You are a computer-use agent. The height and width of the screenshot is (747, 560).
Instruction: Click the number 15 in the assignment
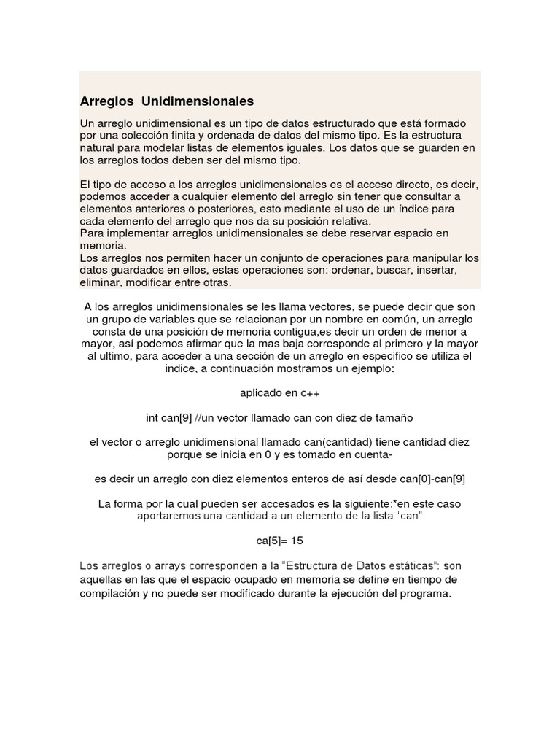[x=295, y=541]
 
